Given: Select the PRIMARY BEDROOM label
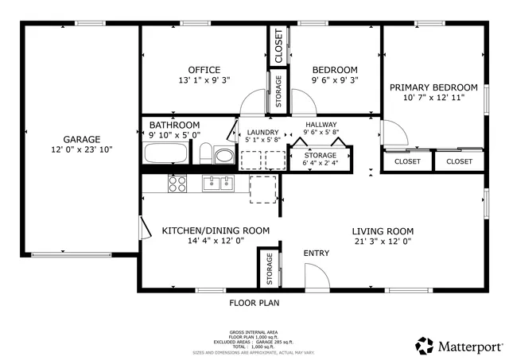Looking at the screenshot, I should pos(433,87).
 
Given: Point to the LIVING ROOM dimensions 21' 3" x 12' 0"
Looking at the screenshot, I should pos(383,242).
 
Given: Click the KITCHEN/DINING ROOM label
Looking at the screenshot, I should pos(216,230).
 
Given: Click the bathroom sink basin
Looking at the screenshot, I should pos(225,155).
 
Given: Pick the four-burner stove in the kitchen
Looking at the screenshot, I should pos(177,184).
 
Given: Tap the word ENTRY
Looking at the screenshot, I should pos(316,254).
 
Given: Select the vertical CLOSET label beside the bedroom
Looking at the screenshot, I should pos(279,46).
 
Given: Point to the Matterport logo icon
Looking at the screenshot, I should pos(424,346).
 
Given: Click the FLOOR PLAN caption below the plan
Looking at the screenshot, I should pos(254,303).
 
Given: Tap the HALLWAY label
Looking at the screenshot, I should pos(321,125).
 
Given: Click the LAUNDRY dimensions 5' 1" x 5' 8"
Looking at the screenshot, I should pos(262,141).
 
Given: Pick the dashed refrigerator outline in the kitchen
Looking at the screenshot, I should pos(264,189).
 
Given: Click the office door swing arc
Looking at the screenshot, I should pos(253,102).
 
